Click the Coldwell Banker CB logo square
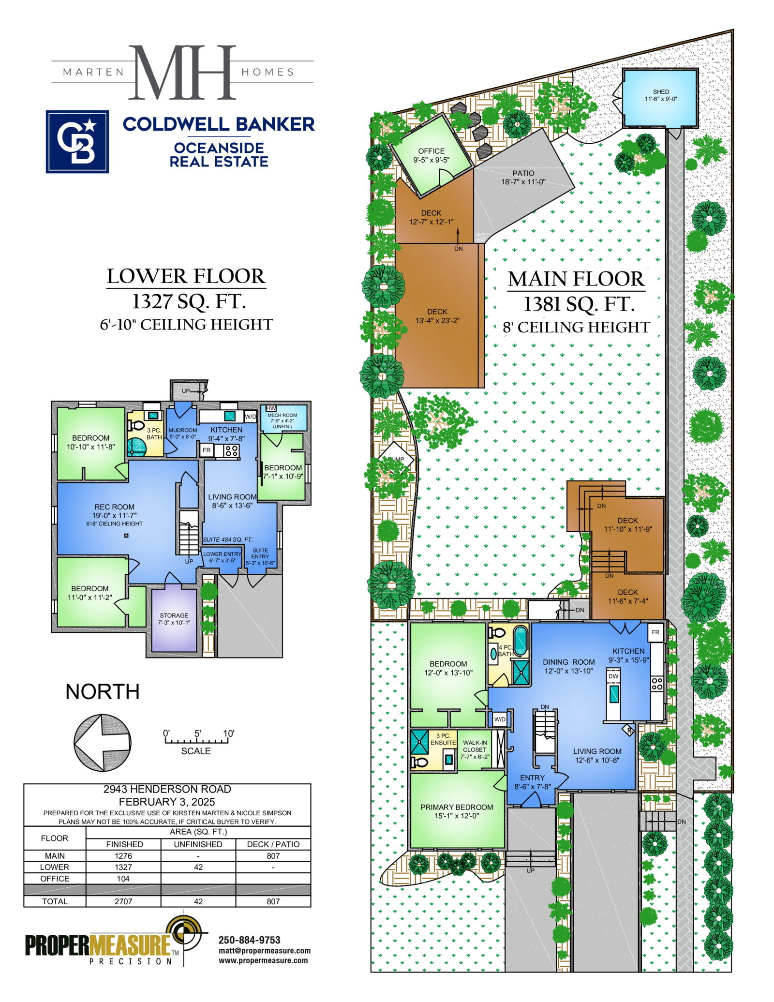coord(77,141)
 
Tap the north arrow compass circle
coord(103,742)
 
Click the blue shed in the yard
coord(660,98)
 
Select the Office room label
coord(431,151)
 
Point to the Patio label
coord(523,173)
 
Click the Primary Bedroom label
coord(457,807)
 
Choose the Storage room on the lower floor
coord(174,620)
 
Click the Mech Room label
coord(283,415)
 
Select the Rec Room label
coord(115,507)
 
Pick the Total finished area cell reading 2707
coord(123,901)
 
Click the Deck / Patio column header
coord(273,844)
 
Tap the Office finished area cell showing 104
coord(123,879)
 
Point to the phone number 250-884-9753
coord(249,940)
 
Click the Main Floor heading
coord(576,279)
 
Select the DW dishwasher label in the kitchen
coord(613,676)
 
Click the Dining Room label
coord(569,662)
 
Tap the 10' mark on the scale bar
coord(228,733)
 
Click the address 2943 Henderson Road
coord(167,789)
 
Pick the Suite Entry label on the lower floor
coord(260,553)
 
